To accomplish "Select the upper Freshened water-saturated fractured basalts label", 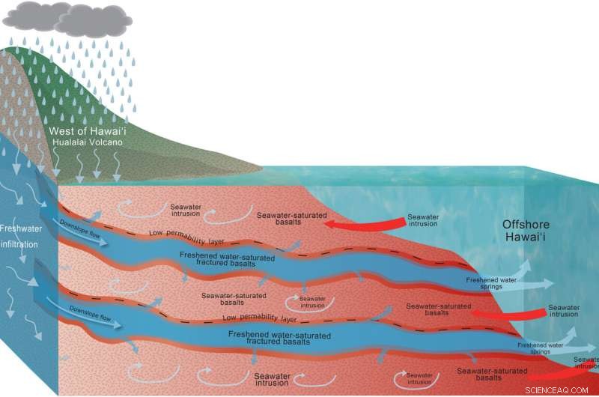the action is click(x=229, y=259).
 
